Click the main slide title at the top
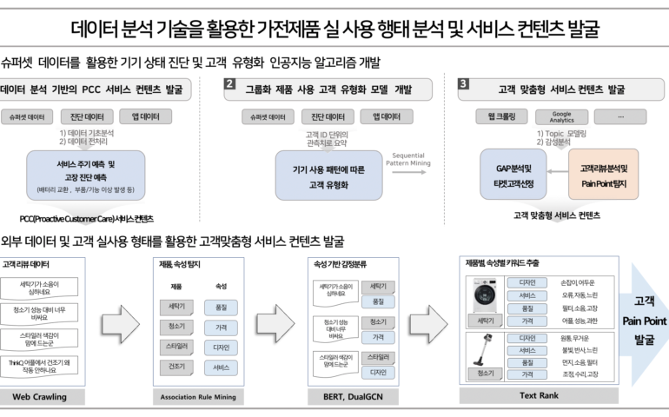click(334, 30)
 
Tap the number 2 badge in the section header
click(229, 84)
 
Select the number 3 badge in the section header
click(463, 84)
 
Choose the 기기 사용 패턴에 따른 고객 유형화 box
click(328, 175)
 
